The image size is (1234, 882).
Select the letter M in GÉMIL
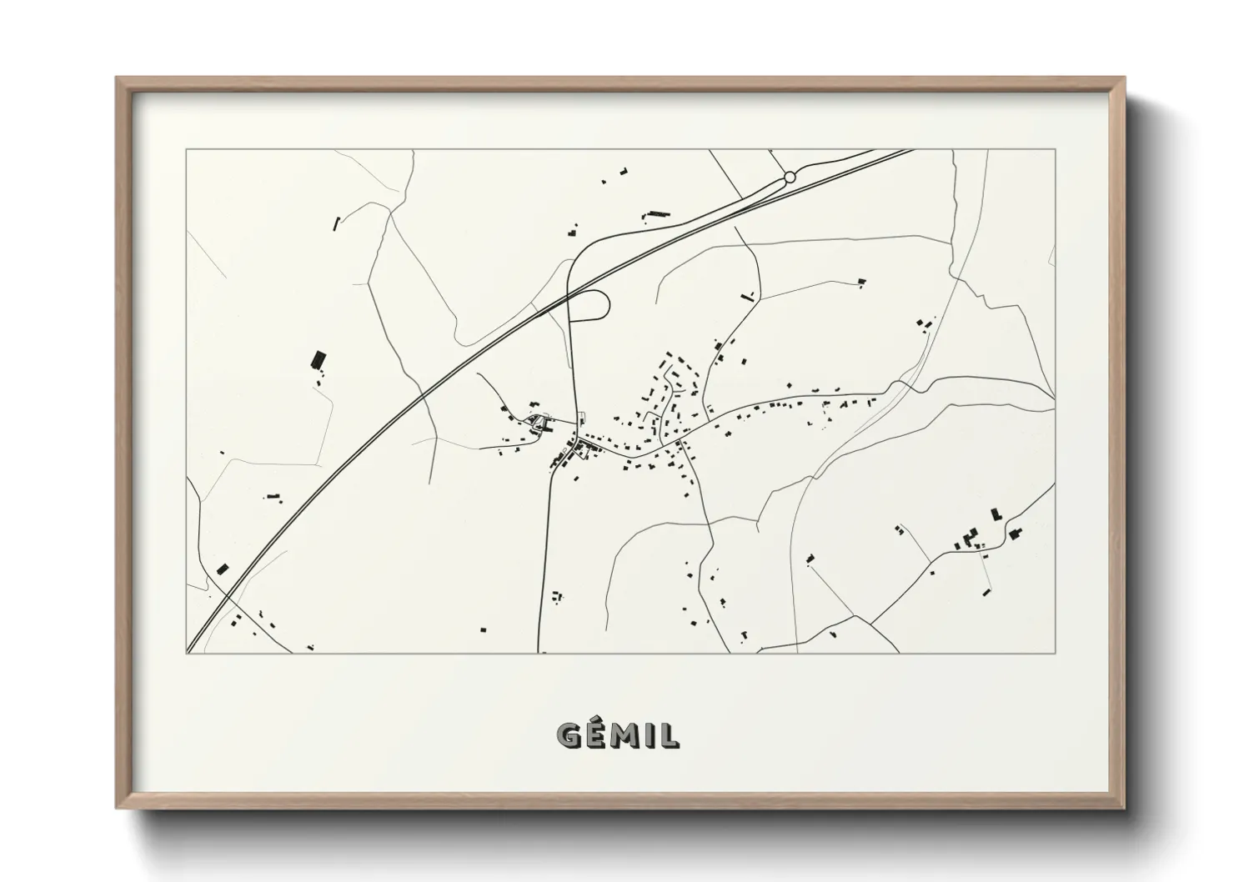(627, 735)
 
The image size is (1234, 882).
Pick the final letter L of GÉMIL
(669, 735)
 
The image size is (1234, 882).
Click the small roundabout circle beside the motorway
(790, 177)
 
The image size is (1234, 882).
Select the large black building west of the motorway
(317, 360)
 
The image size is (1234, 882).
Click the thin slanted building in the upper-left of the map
(337, 223)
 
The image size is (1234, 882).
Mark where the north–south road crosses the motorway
(569, 293)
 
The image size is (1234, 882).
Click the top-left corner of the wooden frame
(117, 78)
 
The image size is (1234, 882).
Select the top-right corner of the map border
(1055, 150)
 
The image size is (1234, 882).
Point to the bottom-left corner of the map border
(187, 653)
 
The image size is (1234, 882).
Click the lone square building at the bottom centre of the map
(483, 629)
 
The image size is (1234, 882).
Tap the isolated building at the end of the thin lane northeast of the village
(862, 282)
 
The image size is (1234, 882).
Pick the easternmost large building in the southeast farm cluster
(1014, 534)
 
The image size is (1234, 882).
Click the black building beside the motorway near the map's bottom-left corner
(222, 569)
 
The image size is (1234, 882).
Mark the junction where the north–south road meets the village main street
(577, 439)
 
